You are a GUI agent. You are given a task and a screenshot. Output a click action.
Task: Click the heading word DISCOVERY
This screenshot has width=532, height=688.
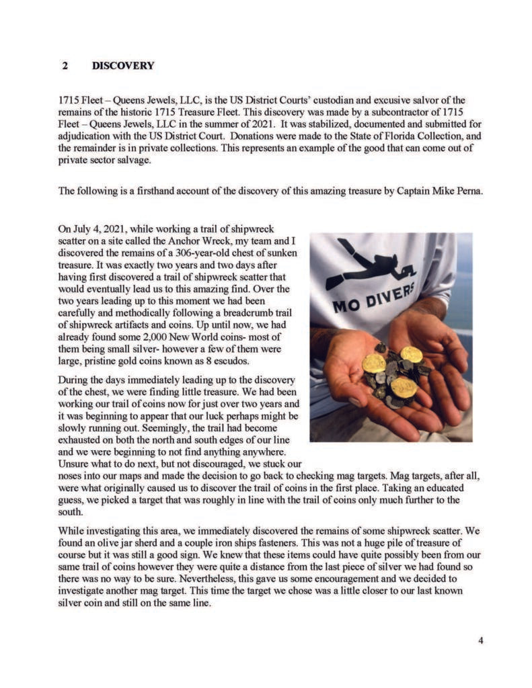pos(122,66)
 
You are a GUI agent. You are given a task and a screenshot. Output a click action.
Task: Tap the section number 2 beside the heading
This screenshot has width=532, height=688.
pos(65,66)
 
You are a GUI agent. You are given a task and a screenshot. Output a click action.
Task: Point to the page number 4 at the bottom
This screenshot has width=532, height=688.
pos(480,640)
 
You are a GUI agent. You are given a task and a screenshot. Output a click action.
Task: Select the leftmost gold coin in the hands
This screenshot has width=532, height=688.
pos(373,363)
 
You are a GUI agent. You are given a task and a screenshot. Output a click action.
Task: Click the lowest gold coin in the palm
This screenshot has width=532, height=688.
pos(404,388)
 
